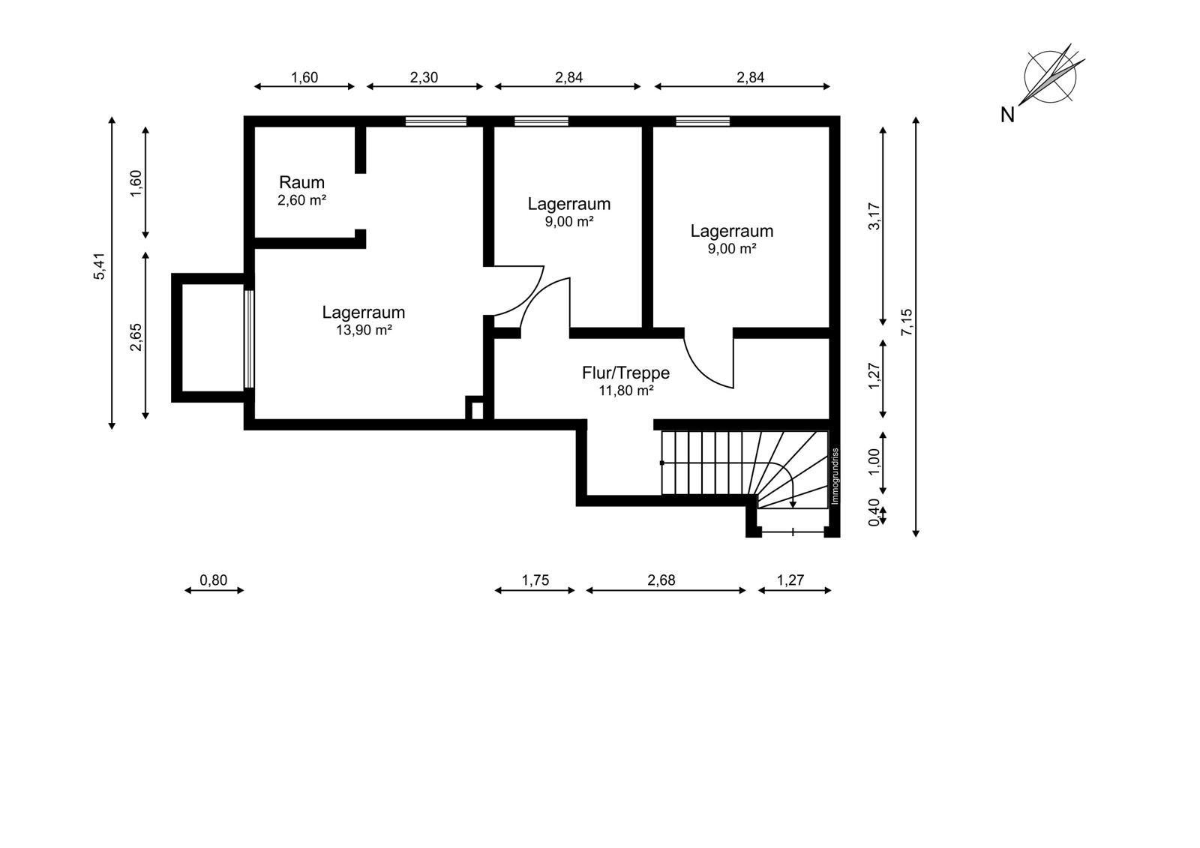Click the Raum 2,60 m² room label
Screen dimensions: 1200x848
(x=301, y=190)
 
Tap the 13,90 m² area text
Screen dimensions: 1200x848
(x=364, y=330)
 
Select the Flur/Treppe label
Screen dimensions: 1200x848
(x=625, y=373)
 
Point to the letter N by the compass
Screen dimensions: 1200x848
(x=1007, y=115)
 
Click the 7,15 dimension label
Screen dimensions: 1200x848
(x=907, y=322)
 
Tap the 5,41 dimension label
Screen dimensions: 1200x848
(x=100, y=266)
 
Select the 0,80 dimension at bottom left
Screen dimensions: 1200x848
(x=213, y=580)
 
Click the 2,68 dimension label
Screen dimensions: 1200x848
(x=661, y=580)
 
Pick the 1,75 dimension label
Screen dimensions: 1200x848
(x=535, y=580)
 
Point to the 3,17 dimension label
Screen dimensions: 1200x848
(x=874, y=216)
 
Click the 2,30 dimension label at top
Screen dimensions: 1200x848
(x=424, y=77)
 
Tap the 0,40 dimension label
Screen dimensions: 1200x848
(x=874, y=513)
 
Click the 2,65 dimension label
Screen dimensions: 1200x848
(x=136, y=337)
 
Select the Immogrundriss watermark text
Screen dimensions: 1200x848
(x=835, y=476)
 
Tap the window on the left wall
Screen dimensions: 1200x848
(x=248, y=339)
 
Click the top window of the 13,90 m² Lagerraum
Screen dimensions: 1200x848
(x=436, y=121)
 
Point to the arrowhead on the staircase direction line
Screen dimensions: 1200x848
(x=793, y=504)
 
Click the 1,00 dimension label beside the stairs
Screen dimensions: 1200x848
(x=874, y=462)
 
